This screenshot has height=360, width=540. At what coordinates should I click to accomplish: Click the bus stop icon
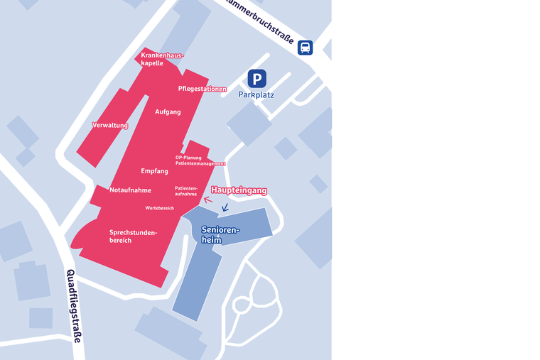(x=305, y=48)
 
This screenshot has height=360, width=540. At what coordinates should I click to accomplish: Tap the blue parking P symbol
(x=256, y=79)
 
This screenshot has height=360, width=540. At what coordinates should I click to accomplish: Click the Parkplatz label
(x=256, y=94)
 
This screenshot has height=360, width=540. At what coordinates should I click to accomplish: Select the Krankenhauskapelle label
(x=162, y=59)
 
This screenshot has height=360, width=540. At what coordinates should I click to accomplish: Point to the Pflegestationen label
(x=202, y=89)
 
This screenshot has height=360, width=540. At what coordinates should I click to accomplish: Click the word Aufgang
(x=168, y=111)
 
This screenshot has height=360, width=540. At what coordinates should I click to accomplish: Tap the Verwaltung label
(x=110, y=125)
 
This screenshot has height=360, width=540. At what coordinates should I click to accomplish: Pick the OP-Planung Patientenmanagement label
(x=200, y=160)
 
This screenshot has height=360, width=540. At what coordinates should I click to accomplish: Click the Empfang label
(x=154, y=171)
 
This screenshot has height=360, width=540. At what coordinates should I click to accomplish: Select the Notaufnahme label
(x=130, y=190)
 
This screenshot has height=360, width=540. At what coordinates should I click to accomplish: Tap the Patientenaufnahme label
(x=186, y=191)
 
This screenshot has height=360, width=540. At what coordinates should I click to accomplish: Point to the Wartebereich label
(x=160, y=208)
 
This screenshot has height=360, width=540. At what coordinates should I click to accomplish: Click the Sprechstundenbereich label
(x=133, y=236)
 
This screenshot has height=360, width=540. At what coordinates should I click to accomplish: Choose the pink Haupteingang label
(x=239, y=190)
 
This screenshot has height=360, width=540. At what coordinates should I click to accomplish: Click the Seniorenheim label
(x=220, y=235)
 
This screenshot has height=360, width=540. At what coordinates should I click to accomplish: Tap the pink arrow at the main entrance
(x=207, y=200)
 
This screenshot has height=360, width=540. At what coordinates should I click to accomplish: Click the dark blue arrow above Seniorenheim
(x=225, y=208)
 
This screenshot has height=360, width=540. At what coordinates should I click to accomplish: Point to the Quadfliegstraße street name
(x=73, y=306)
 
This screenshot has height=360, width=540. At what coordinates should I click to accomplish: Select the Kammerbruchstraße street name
(x=260, y=22)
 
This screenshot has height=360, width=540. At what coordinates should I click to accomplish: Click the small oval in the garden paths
(x=242, y=305)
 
